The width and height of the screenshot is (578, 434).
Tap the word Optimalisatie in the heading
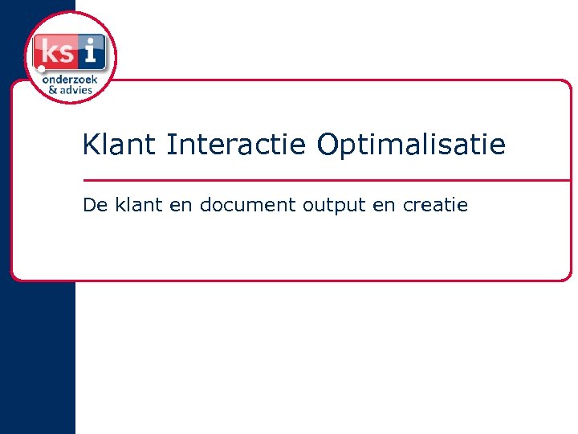[x=411, y=146]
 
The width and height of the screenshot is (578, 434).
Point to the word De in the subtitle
[x=95, y=205]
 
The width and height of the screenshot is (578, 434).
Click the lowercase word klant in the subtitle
[x=137, y=205]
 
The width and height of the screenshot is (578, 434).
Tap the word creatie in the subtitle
[x=435, y=205]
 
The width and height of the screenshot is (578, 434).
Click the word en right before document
[x=181, y=206]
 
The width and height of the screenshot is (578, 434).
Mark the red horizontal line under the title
[x=321, y=180]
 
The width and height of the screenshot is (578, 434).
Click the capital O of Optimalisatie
[x=328, y=145]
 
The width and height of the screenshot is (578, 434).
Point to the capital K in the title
[x=90, y=145]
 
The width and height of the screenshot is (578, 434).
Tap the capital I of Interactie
[x=170, y=145]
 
